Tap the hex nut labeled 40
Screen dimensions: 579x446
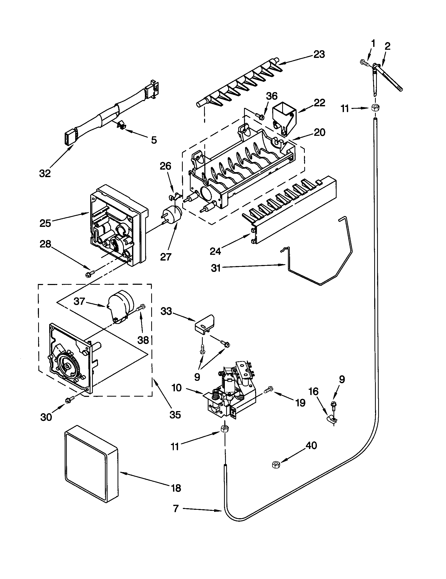click(x=276, y=464)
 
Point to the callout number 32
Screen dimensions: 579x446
click(x=45, y=174)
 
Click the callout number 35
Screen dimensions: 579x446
click(x=175, y=415)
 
